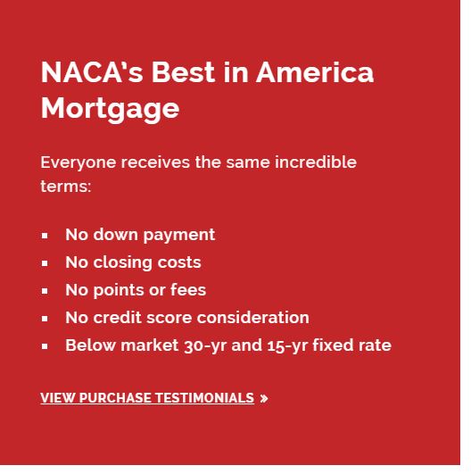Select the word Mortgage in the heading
(110, 108)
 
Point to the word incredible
(311, 162)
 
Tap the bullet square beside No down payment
(45, 236)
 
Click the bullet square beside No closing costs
(45, 263)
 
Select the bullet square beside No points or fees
(45, 291)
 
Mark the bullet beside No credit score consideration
(45, 319)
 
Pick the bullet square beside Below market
(45, 346)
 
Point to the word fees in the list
(187, 290)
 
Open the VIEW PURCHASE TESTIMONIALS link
(147, 398)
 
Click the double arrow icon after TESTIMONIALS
(264, 399)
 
